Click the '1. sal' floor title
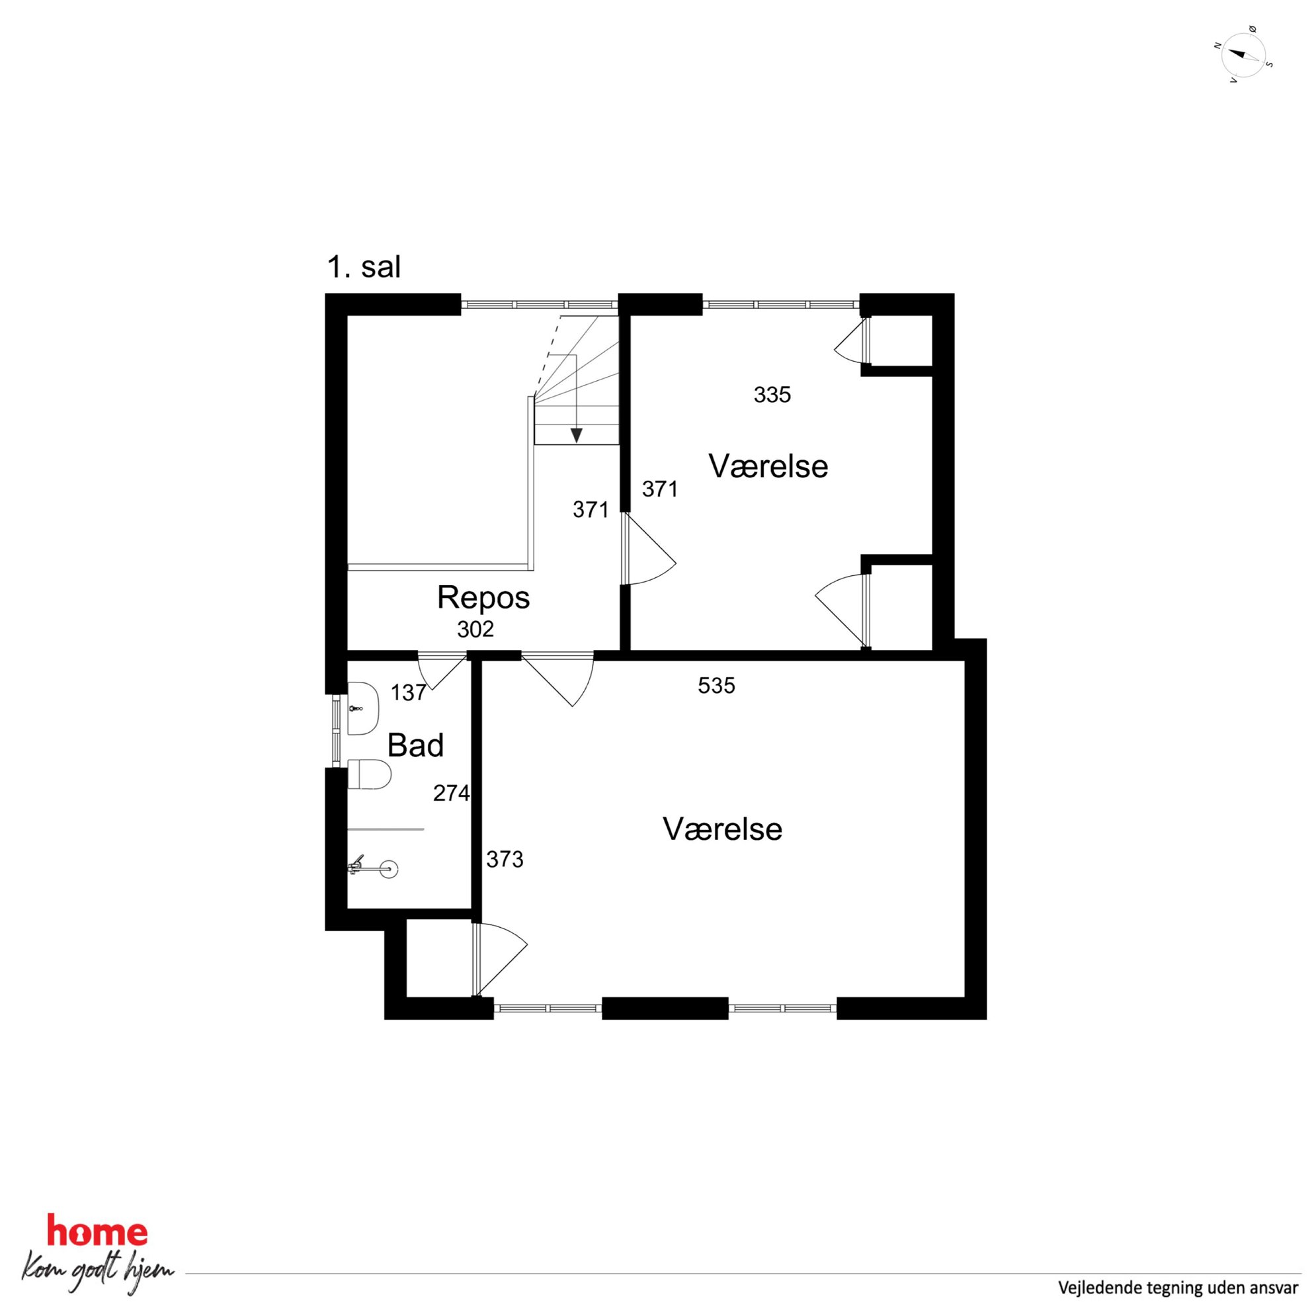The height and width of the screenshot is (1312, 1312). click(x=364, y=267)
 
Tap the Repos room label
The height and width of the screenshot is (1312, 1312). click(x=483, y=598)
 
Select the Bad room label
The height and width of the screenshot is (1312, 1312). click(x=415, y=745)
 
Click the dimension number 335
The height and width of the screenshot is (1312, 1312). click(x=772, y=395)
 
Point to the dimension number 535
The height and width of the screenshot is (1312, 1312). click(x=716, y=686)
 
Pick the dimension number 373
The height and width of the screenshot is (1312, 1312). click(x=505, y=860)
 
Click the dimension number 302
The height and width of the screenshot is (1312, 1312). click(x=475, y=630)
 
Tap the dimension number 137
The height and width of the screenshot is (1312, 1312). click(x=408, y=692)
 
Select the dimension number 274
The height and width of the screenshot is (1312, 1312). click(x=452, y=792)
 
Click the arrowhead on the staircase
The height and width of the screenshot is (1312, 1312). click(x=577, y=435)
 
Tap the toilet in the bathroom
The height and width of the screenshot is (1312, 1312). click(x=370, y=774)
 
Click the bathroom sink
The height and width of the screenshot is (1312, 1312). click(x=362, y=708)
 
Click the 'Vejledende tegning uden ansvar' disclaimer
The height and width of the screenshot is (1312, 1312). click(x=1178, y=1288)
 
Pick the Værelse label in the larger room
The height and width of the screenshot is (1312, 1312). click(x=722, y=829)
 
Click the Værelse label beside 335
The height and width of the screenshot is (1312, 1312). click(x=768, y=466)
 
